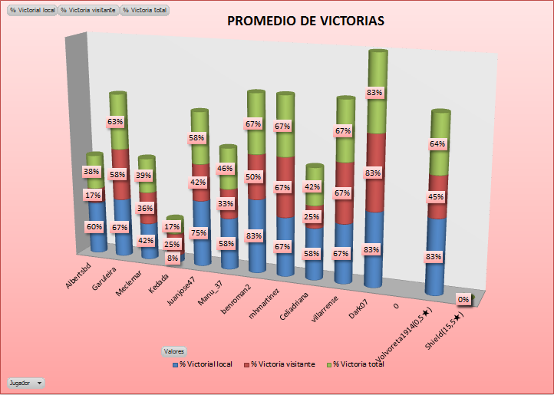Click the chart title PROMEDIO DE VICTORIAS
tap(305, 21)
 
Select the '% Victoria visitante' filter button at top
tap(89, 11)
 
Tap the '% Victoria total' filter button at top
tap(145, 11)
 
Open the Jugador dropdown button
tap(26, 381)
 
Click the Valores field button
tap(173, 351)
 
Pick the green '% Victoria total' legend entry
tap(354, 364)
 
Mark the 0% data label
tap(463, 299)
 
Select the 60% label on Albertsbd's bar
tap(93, 226)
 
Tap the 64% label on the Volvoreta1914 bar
tap(437, 144)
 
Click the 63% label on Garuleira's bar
tap(116, 121)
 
